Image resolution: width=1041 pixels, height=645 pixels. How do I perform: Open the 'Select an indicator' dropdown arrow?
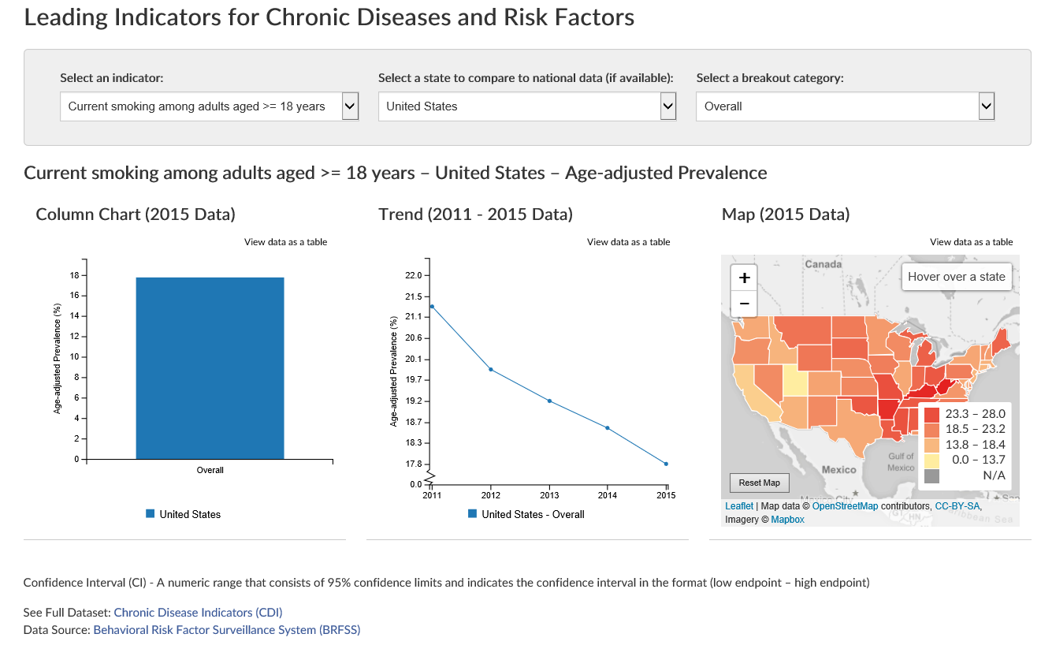pyautogui.click(x=351, y=106)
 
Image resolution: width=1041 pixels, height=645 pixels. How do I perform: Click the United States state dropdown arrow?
pyautogui.click(x=668, y=106)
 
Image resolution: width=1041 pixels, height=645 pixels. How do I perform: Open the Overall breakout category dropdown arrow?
pyautogui.click(x=986, y=106)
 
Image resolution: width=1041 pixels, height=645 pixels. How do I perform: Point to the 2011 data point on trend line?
pyautogui.click(x=432, y=306)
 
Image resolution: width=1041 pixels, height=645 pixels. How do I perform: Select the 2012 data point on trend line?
pyautogui.click(x=491, y=369)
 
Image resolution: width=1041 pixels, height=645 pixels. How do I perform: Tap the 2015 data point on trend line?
pyautogui.click(x=666, y=464)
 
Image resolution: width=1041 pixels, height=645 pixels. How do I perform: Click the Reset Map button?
pyautogui.click(x=759, y=483)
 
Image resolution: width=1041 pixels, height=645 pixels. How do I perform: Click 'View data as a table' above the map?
pyautogui.click(x=971, y=242)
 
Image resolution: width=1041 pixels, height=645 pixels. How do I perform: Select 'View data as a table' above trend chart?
pyautogui.click(x=628, y=242)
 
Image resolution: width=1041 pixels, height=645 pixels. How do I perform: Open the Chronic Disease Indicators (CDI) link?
pyautogui.click(x=198, y=612)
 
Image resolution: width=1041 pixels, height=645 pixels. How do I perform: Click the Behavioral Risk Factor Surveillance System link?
pyautogui.click(x=226, y=630)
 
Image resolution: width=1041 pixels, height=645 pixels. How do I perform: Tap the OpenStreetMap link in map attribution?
pyautogui.click(x=845, y=506)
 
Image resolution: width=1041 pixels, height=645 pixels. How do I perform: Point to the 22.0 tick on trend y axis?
pyautogui.click(x=413, y=275)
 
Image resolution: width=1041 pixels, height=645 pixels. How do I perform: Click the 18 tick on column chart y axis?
pyautogui.click(x=74, y=275)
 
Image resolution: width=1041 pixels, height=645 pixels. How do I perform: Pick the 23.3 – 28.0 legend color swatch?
pyautogui.click(x=932, y=414)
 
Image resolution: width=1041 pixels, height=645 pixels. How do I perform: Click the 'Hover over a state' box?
pyautogui.click(x=956, y=277)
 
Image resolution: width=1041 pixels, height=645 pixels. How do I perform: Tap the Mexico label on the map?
pyautogui.click(x=838, y=469)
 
